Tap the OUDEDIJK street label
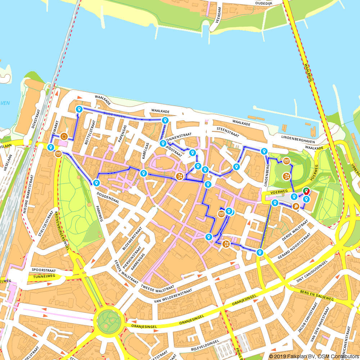[265, 3]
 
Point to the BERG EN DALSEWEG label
[317, 296]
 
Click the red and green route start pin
[306, 191]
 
